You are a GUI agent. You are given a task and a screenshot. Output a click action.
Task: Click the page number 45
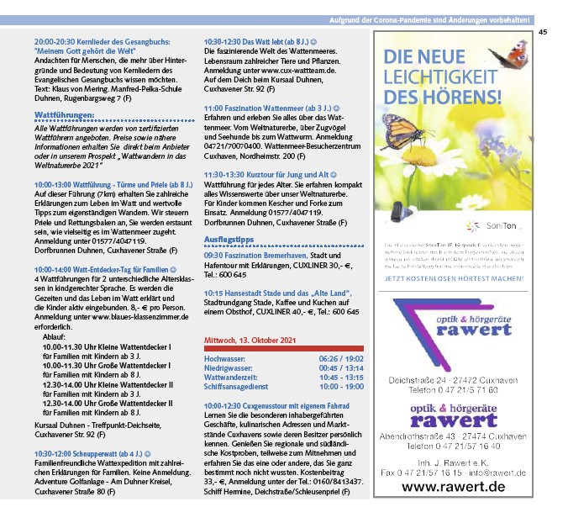(543, 32)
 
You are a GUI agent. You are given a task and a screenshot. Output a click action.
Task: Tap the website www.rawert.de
(453, 486)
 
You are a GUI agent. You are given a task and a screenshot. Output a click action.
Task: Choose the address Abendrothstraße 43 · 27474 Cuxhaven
(453, 438)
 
